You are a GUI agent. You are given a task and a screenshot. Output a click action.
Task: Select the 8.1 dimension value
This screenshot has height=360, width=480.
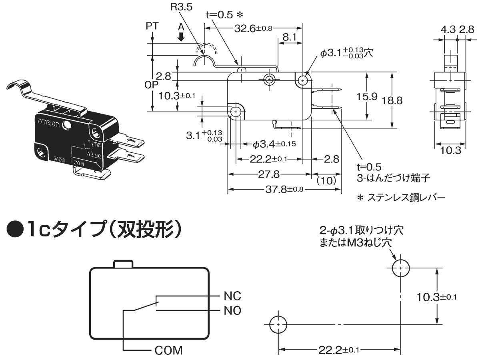pyautogui.click(x=289, y=37)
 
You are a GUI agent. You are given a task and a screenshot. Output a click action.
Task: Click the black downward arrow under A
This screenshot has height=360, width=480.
pyautogui.click(x=181, y=37)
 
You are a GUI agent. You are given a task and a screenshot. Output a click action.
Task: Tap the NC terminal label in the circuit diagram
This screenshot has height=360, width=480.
pyautogui.click(x=232, y=296)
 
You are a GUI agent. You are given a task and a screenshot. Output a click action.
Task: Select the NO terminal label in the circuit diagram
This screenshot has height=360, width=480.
pyautogui.click(x=232, y=310)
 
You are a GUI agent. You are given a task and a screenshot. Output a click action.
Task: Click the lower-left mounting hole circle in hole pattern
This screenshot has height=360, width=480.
pyautogui.click(x=278, y=325)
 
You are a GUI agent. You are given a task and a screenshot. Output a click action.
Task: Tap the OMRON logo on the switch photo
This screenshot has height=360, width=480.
pyautogui.click(x=48, y=122)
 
